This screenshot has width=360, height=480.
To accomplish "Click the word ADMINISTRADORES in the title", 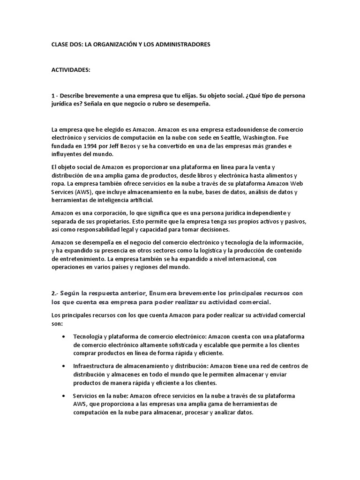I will [181, 44].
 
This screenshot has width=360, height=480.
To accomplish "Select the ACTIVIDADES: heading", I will [70, 70].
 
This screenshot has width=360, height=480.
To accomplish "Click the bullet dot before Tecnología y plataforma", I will [64, 337].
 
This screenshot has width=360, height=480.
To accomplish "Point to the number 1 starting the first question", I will [53, 96].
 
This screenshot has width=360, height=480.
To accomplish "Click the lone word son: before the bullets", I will [56, 324].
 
